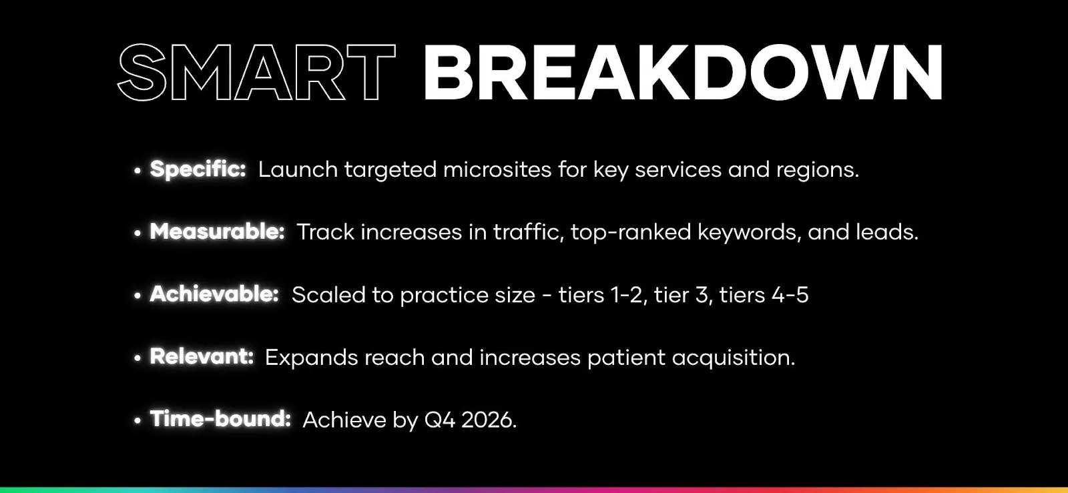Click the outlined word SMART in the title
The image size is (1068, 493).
[256, 73]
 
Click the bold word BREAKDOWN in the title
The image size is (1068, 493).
[682, 73]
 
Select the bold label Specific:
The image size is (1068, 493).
[198, 169]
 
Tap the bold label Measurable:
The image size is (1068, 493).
[217, 231]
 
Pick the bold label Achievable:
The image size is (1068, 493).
[214, 294]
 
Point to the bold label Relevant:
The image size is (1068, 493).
[202, 357]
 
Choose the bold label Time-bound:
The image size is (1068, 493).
[220, 419]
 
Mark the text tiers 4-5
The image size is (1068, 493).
[764, 295]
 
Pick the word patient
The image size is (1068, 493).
[626, 358]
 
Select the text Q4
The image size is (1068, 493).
[439, 420]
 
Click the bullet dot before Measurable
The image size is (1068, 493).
[138, 233]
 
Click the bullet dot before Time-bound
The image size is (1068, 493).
[138, 421]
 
